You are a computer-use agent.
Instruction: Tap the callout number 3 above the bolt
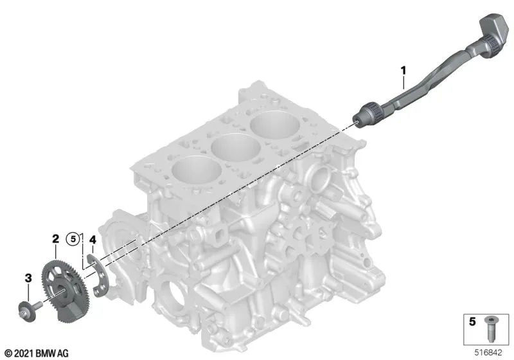click(28, 278)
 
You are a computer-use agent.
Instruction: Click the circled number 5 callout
click(75, 240)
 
